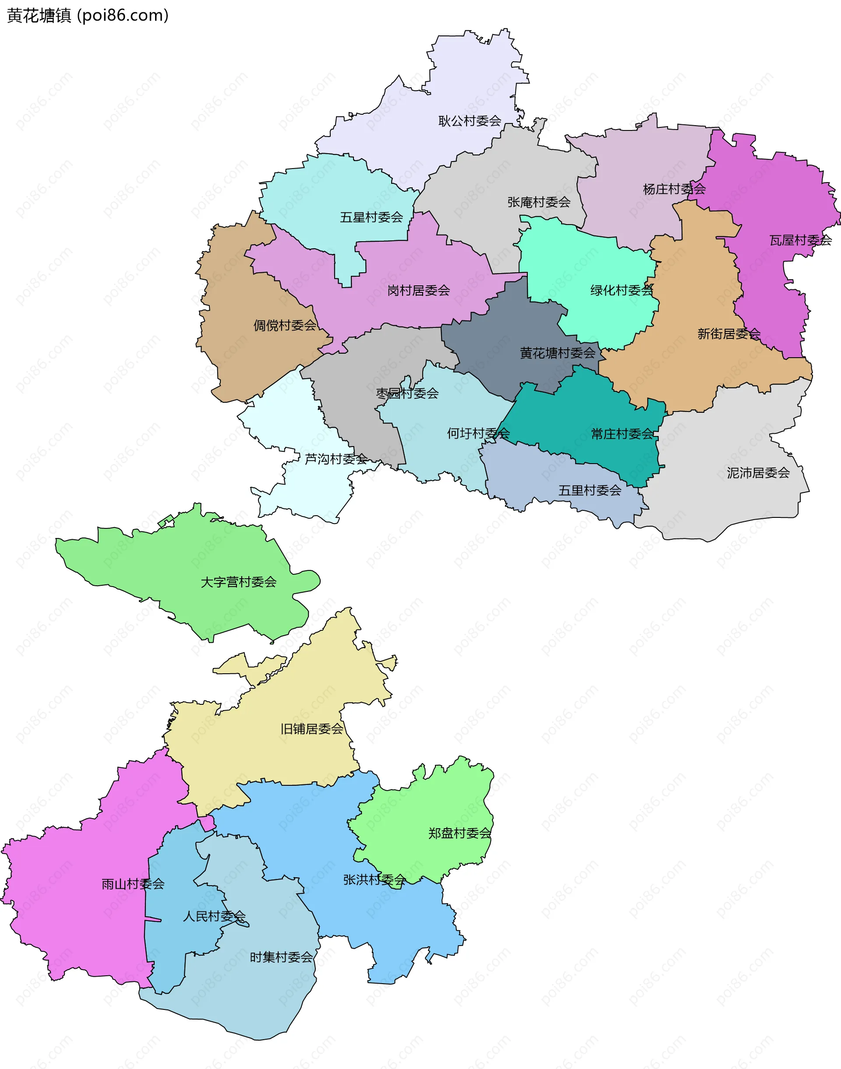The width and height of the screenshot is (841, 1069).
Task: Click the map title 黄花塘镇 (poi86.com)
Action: click(88, 16)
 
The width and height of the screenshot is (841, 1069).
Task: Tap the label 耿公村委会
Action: click(470, 121)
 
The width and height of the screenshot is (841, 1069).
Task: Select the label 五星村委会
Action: click(371, 218)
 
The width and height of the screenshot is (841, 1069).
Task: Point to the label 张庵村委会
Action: click(539, 202)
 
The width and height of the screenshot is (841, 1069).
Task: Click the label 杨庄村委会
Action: click(674, 190)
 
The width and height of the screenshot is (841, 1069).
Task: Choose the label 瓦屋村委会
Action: click(800, 241)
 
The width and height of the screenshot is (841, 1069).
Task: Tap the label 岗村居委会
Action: click(419, 291)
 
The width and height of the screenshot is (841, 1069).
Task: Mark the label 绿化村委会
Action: click(622, 291)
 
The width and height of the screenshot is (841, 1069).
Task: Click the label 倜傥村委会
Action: click(285, 326)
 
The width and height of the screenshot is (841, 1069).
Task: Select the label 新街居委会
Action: click(729, 334)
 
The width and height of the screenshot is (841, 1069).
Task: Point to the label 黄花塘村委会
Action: click(558, 353)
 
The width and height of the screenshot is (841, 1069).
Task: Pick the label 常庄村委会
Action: click(622, 434)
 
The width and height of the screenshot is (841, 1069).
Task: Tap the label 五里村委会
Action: click(590, 491)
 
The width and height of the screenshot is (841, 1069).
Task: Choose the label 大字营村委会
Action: click(238, 583)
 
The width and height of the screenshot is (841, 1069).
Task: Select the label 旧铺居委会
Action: click(312, 729)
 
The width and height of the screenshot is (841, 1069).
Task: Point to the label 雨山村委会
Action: click(133, 884)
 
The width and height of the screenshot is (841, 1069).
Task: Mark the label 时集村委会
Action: click(281, 958)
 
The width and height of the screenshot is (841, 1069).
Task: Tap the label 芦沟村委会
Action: click(336, 460)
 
